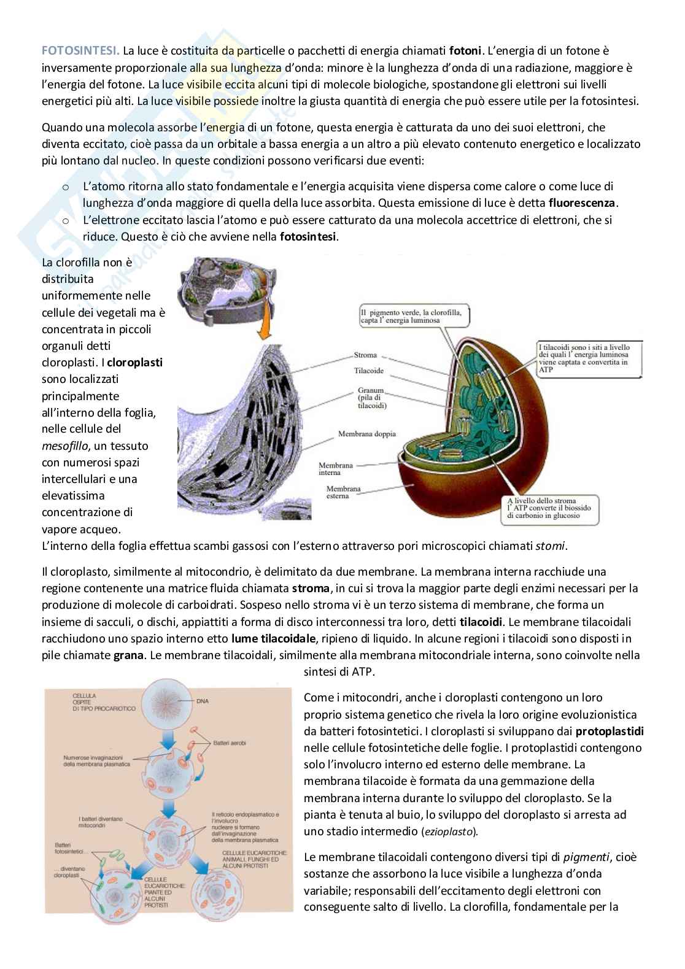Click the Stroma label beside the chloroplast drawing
pyautogui.click(x=366, y=355)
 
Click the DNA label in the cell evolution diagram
pyautogui.click(x=203, y=700)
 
